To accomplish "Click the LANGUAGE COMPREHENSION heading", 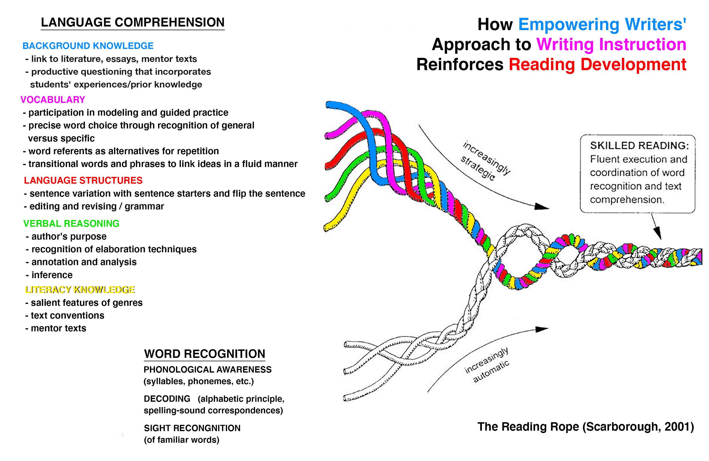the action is coord(133,23).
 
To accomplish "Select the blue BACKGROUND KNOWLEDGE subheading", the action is coord(88,46).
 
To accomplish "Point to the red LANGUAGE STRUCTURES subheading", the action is coord(83,180).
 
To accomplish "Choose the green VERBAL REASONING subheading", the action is coord(71,223).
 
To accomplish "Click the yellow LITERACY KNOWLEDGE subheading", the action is coord(80,290).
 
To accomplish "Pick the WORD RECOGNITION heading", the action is coord(204,354).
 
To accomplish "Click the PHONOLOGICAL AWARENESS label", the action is coord(207,370).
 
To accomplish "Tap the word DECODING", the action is coord(167,399).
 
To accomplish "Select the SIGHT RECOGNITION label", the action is coord(192,428).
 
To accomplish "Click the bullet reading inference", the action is coord(52,275).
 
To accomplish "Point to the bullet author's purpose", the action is coord(68,237).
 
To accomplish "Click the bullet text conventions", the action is coord(67,315).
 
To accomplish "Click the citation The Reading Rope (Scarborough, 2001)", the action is coord(585,427).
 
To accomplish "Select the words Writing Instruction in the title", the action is coord(611,44).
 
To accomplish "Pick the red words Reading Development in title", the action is coord(597,65).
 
